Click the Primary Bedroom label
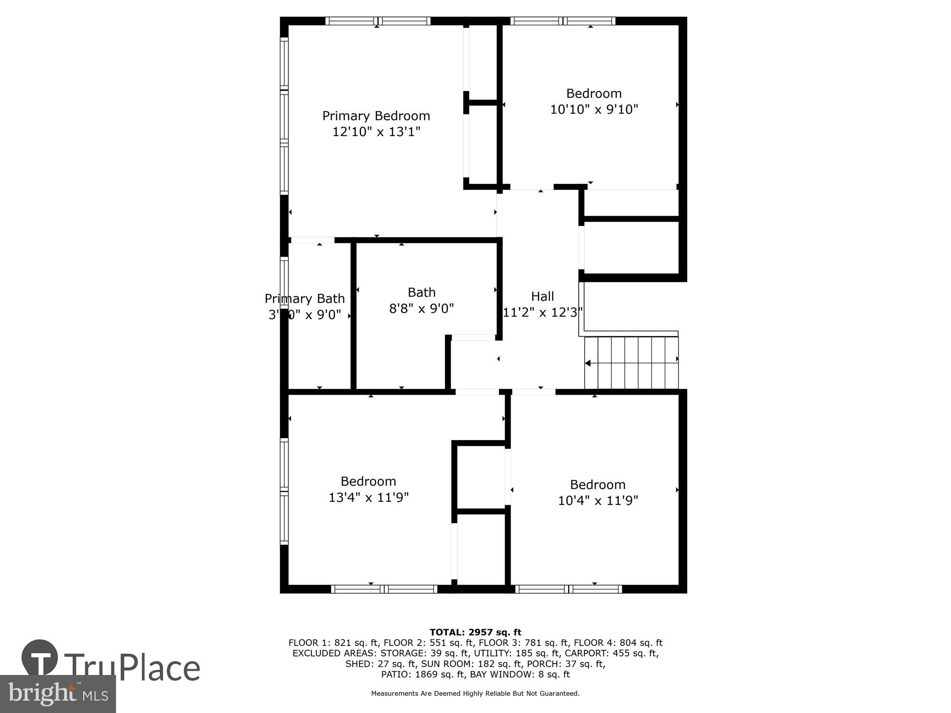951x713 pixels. pos(376,116)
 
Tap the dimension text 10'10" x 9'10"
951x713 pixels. pos(593,109)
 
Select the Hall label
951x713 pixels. pos(542,296)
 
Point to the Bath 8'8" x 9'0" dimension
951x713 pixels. pos(421,308)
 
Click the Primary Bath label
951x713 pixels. pos(304,299)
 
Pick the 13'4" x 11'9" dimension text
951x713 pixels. pos(369,497)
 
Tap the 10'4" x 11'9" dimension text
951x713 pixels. pos(598,501)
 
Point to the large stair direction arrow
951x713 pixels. pos(588,363)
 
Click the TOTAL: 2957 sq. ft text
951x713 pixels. pos(475,632)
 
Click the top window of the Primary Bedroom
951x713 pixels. pos(378,21)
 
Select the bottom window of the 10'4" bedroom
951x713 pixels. pos(568,589)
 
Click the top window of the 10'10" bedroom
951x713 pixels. pos(563,21)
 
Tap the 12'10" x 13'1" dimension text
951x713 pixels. pos(376,132)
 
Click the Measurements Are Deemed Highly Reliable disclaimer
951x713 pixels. pos(475,694)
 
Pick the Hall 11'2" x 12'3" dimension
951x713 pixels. pos(542,312)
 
